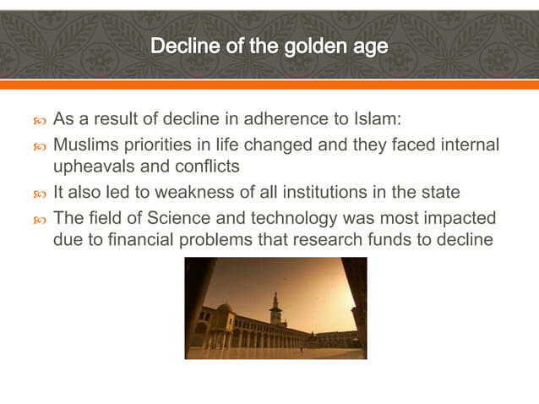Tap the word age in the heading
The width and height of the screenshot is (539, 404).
pos(366,46)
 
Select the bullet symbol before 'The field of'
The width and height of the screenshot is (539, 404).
pos(37,218)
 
